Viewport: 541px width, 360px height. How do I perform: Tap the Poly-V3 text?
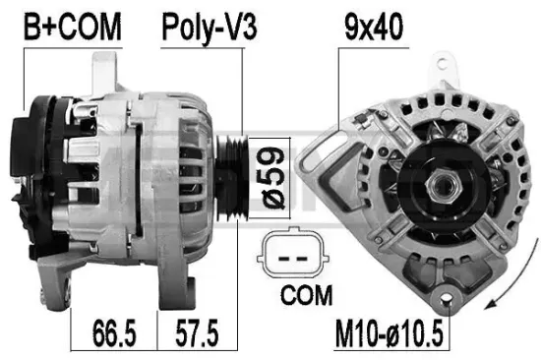[209, 28]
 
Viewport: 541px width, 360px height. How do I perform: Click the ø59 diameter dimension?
[264, 174]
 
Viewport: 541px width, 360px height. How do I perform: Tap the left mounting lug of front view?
[321, 150]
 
